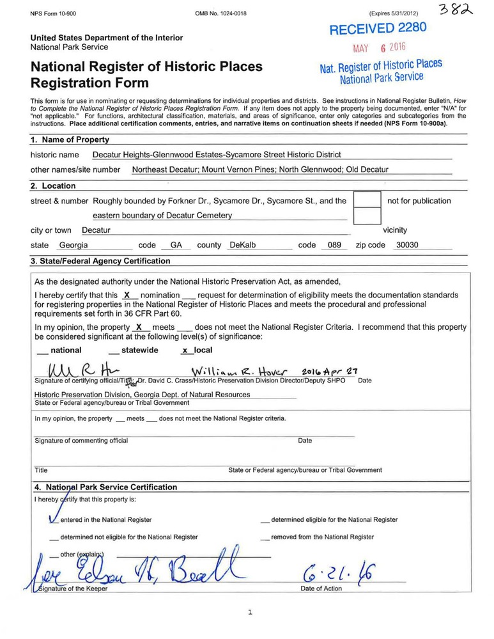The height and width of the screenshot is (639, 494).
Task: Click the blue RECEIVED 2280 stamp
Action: pos(377,29)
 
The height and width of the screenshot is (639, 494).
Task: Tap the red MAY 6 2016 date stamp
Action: pos(380,48)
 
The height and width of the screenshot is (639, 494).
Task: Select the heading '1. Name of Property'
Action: pos(70,139)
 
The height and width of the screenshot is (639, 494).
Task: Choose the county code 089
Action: pos(330,245)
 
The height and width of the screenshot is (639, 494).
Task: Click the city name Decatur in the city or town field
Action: pos(96,230)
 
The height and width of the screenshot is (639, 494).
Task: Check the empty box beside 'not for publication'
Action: pos(367,200)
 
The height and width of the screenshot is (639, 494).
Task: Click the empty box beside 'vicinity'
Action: pos(367,216)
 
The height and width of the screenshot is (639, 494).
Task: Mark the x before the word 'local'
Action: pos(185,351)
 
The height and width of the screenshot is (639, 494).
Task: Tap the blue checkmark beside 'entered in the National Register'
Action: pos(54,518)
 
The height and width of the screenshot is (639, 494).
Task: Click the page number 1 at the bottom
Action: pos(250,612)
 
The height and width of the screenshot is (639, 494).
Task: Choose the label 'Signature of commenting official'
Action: pos(81,440)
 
